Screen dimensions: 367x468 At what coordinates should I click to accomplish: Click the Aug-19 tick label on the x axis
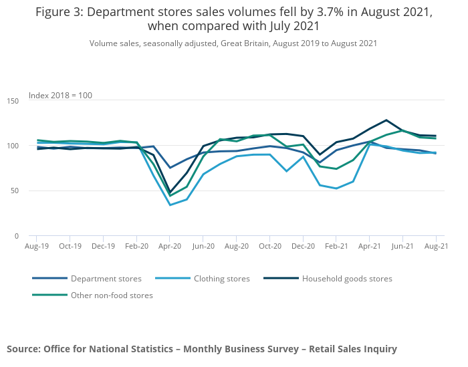(x=37, y=246)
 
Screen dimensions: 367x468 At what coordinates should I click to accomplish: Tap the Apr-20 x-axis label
(x=170, y=246)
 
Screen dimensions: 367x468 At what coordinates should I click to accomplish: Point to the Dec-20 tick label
(x=303, y=246)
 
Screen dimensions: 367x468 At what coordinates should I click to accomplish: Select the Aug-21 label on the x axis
(x=436, y=246)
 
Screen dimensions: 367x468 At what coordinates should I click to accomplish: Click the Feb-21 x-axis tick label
(x=336, y=246)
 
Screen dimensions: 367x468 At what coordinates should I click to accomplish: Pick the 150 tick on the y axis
(x=13, y=101)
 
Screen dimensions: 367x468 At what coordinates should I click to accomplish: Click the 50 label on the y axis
(x=15, y=191)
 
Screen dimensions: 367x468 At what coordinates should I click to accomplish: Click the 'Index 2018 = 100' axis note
(x=60, y=96)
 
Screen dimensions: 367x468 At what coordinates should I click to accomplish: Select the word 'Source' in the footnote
(x=23, y=349)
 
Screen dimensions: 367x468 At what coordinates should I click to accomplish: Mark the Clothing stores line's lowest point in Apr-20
(x=170, y=205)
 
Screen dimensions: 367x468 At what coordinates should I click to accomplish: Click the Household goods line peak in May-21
(x=386, y=120)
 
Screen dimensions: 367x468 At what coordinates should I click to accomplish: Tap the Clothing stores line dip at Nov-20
(x=287, y=171)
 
